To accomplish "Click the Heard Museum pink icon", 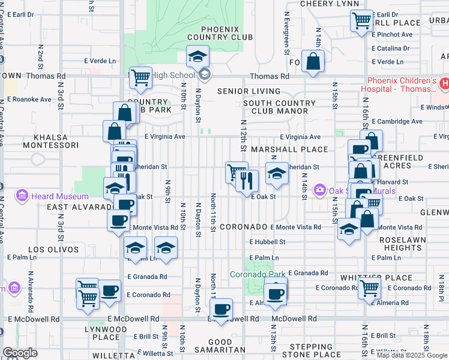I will point(23,196).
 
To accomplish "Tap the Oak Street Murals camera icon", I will point(319,190).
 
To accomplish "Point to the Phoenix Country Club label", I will point(220,33).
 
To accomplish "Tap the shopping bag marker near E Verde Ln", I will point(313,61).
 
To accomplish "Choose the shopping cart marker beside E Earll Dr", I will point(362,20).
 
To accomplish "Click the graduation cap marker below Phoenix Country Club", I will point(197,57).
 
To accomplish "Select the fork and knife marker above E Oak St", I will point(247,179).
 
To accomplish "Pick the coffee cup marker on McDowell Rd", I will point(221,310).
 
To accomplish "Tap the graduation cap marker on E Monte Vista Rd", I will point(349,229).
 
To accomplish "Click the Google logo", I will point(20,353).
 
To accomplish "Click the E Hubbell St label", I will point(268,242).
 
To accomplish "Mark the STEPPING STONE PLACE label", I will point(310,351).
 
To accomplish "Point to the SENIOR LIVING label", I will point(249,91).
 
